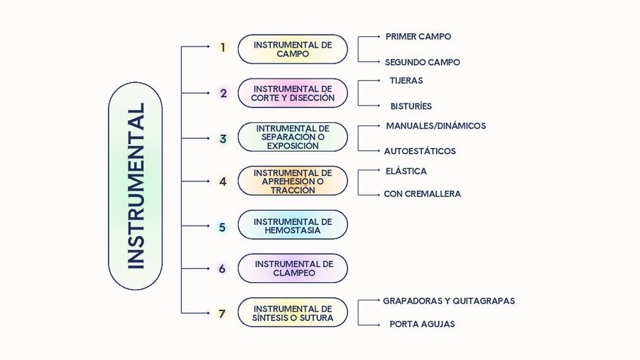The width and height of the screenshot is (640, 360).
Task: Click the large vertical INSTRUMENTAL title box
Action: pos(135,186)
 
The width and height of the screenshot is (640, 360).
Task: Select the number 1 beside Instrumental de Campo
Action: pos(223,48)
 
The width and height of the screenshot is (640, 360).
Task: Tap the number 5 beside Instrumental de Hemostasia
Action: pos(222,226)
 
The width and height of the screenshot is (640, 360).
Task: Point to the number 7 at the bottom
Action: pos(222,314)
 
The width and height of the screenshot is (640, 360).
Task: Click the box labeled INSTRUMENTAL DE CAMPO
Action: pos(293,49)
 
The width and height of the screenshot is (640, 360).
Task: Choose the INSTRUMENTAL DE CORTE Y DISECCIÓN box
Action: pos(293,93)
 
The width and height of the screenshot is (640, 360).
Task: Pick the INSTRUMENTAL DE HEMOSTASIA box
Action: pos(293,225)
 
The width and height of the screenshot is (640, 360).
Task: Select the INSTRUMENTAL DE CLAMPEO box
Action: pos(293,268)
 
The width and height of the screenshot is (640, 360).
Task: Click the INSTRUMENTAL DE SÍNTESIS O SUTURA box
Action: pos(293,312)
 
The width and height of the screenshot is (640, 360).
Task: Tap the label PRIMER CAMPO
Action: pos(418,36)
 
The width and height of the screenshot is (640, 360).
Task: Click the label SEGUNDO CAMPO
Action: pos(422,63)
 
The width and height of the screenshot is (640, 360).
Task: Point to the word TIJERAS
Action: pos(406,80)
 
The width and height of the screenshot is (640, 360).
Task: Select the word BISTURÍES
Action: pos(411,106)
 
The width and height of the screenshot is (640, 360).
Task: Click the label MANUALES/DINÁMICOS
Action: pos(435,126)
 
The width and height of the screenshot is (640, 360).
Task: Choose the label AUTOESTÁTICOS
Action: pos(420,151)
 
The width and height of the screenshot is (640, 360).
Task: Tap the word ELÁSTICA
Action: pos(405,171)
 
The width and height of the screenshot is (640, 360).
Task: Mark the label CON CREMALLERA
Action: pos(422,194)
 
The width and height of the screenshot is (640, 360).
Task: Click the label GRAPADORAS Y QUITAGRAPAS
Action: pos(448,300)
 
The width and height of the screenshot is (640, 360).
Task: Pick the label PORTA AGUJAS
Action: pos(422,325)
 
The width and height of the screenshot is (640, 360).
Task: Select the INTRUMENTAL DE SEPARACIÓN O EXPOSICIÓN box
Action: pos(293,137)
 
